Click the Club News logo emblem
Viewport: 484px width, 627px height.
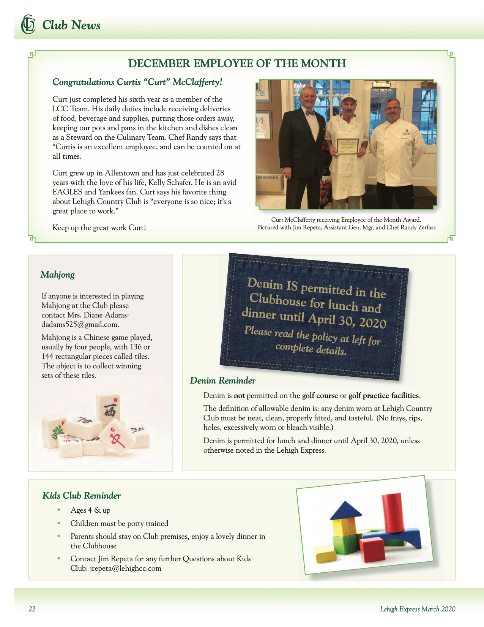[x=28, y=24]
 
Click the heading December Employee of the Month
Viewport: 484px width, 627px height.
[x=237, y=63]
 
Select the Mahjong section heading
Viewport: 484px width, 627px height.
[x=58, y=275]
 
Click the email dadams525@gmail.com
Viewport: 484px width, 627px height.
[x=80, y=325]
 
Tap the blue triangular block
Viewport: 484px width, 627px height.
[x=346, y=511]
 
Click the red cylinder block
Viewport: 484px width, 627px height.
[x=391, y=512]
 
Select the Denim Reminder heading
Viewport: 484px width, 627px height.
[x=222, y=381]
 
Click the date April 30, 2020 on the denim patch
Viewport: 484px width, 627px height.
[x=347, y=320]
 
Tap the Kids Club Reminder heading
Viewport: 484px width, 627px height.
[x=82, y=496]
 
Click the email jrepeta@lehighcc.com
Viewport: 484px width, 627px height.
[x=125, y=569]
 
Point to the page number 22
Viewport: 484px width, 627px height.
[x=32, y=609]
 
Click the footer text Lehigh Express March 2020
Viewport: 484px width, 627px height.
[x=418, y=609]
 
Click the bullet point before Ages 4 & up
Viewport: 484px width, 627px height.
[x=59, y=510]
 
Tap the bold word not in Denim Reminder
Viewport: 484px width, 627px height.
[x=239, y=396]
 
